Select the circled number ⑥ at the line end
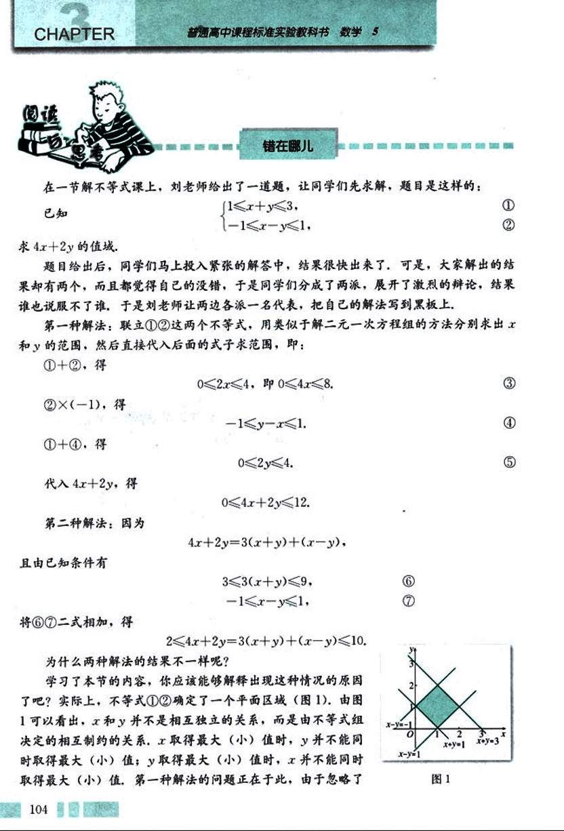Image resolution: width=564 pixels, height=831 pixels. (408, 581)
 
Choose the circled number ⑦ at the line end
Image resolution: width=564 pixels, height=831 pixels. (408, 601)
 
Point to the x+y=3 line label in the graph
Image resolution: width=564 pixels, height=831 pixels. (487, 742)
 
